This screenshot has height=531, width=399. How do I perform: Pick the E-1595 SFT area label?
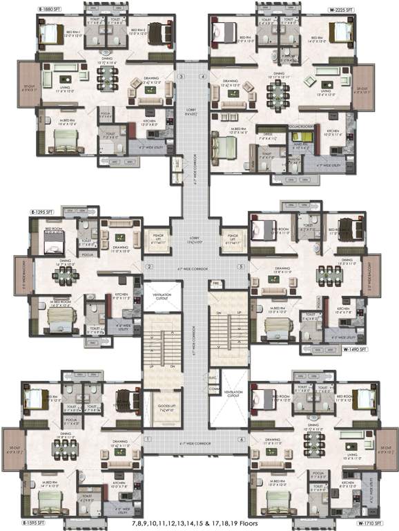click(23, 523)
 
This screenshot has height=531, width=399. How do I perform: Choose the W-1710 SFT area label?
click(370, 523)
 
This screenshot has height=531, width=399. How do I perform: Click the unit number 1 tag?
click(147, 439)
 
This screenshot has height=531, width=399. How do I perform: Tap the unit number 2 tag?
click(147, 265)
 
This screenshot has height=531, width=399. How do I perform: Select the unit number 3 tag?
click(182, 75)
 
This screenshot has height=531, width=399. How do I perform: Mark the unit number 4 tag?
click(203, 75)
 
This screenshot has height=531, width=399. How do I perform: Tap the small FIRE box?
click(215, 283)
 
